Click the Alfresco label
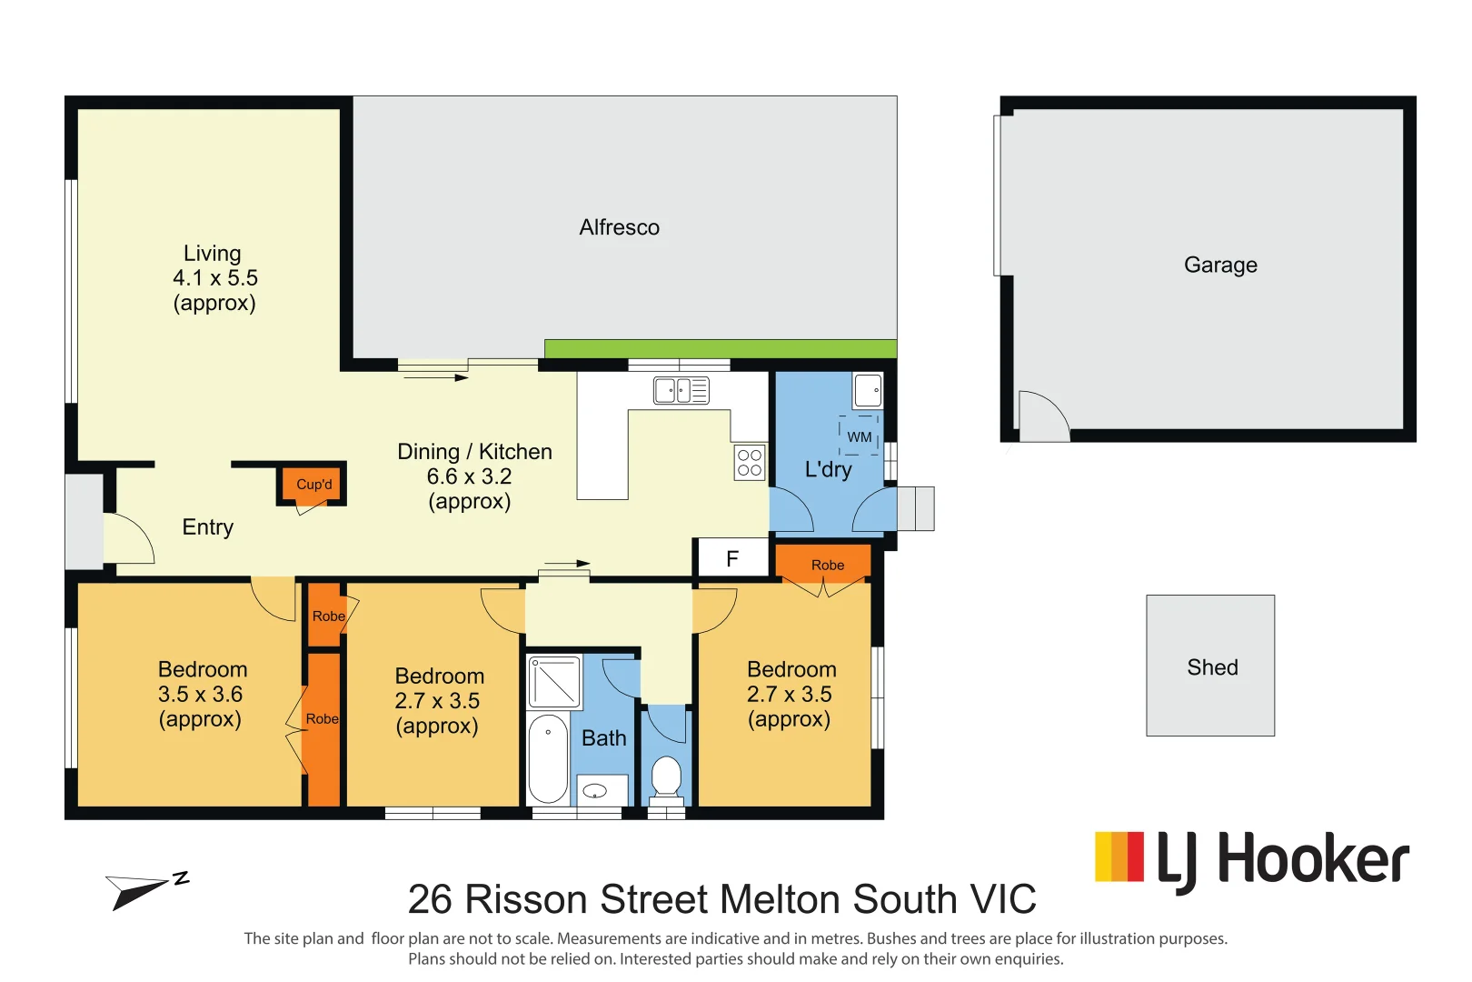[x=620, y=227]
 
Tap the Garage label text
[x=1220, y=265]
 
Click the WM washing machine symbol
[x=859, y=436]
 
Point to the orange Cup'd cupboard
[x=313, y=484]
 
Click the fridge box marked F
[x=732, y=558]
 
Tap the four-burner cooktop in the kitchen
[x=750, y=462]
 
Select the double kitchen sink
[x=681, y=391]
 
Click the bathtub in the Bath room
[x=548, y=758]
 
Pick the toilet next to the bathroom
[x=667, y=777]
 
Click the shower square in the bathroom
[x=554, y=682]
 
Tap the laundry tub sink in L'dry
[x=868, y=390]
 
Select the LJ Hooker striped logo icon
[x=1119, y=857]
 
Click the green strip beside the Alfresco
[x=720, y=348]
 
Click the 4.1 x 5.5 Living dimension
[x=215, y=277]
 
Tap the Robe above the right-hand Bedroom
[x=827, y=565]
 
